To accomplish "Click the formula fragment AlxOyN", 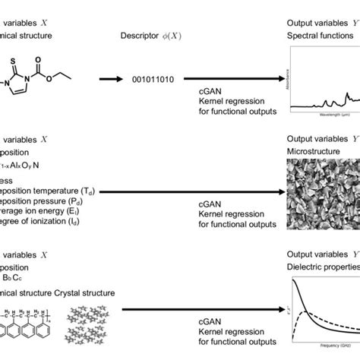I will pyautogui.click(x=21, y=165).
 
